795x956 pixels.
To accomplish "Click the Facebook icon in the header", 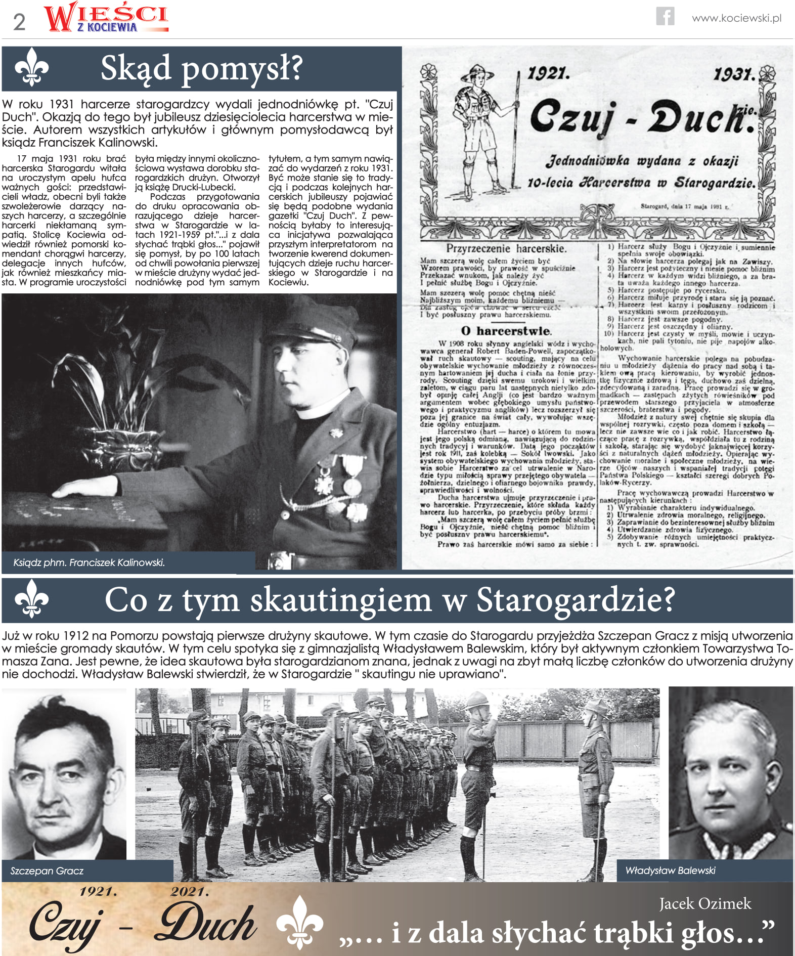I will [x=665, y=16].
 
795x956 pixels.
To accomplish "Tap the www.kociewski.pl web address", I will [x=736, y=18].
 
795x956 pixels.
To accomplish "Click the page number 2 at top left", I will [x=19, y=22].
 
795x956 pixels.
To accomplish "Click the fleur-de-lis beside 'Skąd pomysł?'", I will [x=31, y=67].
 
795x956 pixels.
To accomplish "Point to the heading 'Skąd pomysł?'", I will [x=201, y=68].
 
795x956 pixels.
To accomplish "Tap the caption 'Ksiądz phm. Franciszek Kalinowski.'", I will [x=89, y=562].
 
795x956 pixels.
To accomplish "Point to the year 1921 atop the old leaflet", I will [x=548, y=74].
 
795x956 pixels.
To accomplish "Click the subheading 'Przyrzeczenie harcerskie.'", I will [x=506, y=248].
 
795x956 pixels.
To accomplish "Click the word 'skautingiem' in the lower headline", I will [x=341, y=600].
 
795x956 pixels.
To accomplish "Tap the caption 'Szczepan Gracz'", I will [x=47, y=871].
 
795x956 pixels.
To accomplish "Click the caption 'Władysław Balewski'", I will [x=670, y=871].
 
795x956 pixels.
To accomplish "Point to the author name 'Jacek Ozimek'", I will [x=705, y=903].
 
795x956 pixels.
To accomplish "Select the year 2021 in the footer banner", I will [x=190, y=891].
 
